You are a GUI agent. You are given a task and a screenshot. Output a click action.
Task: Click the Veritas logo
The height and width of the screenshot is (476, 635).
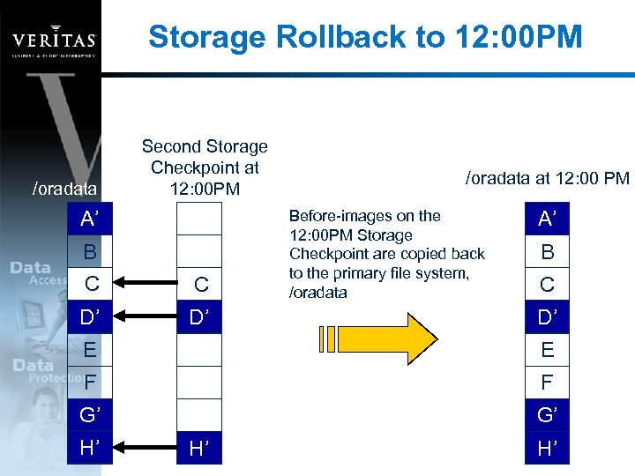click(x=53, y=40)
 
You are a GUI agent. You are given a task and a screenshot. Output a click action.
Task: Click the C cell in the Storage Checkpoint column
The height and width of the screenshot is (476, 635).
click(x=200, y=284)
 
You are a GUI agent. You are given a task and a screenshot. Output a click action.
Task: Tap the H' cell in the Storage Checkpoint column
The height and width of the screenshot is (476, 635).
click(x=200, y=449)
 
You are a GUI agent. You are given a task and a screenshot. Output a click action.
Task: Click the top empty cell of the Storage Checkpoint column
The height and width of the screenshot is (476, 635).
click(x=200, y=219)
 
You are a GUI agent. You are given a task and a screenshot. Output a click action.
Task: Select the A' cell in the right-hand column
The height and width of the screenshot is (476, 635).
click(x=548, y=219)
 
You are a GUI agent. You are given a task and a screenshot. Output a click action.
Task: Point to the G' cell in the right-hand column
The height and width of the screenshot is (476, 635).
click(x=548, y=416)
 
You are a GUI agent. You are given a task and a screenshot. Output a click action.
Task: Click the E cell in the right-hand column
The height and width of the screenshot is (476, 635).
click(x=548, y=350)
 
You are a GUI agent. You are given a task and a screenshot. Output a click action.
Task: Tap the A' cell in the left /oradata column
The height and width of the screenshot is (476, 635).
click(x=89, y=219)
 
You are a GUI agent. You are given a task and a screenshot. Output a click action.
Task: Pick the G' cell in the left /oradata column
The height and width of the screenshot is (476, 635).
click(x=89, y=416)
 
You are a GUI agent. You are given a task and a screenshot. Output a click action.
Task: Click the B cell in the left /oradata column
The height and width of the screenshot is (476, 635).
click(x=89, y=252)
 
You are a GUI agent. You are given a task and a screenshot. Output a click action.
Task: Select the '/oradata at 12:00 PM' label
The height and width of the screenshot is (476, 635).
click(x=548, y=178)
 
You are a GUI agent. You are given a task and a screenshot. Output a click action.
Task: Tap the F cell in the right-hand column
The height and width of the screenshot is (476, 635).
click(x=548, y=383)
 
